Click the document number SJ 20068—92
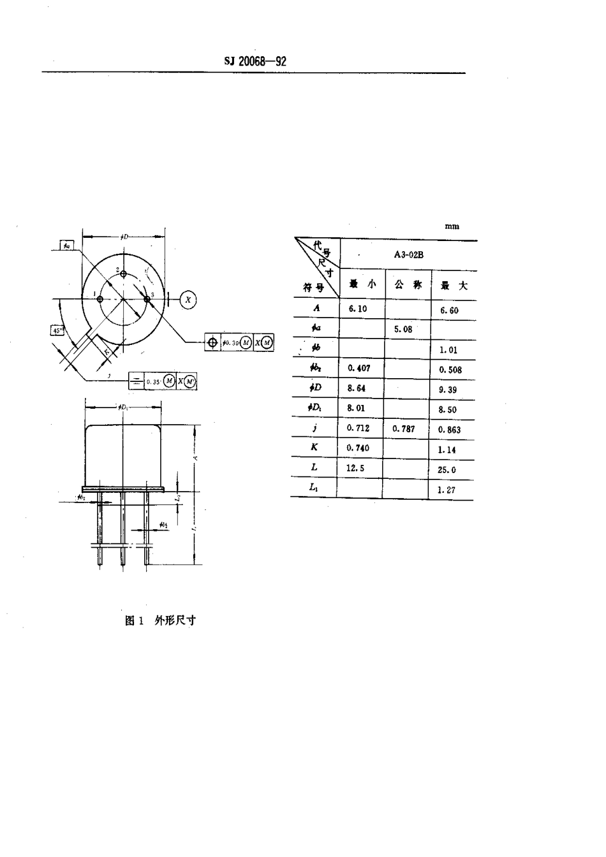coord(255,61)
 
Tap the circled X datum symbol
coord(188,299)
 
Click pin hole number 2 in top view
coord(123,275)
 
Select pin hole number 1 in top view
coord(100,299)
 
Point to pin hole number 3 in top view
coord(147,299)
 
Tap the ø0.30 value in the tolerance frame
coord(230,342)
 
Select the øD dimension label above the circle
coord(124,237)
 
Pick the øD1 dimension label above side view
coord(123,406)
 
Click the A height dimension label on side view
coord(195,458)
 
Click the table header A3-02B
coord(408,254)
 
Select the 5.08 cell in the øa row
coord(403,329)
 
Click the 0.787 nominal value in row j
coord(404,428)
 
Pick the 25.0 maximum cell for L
coord(447,470)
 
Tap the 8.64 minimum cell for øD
coord(357,388)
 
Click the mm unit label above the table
coord(452,226)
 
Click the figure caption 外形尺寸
coord(175,620)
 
